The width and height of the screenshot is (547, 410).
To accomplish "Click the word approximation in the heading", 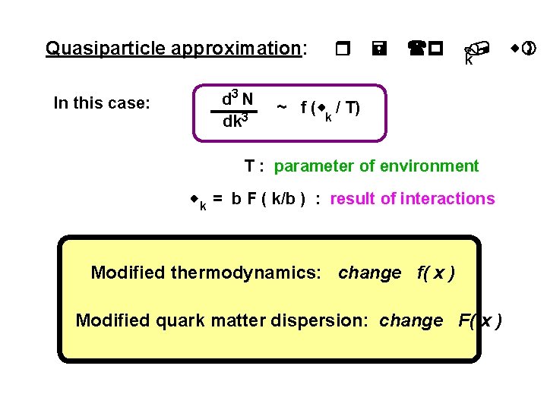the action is (x=236, y=49).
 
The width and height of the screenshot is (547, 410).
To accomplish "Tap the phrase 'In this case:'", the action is (x=102, y=103).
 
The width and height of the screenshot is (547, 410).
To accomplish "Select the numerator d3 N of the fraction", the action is (x=238, y=99).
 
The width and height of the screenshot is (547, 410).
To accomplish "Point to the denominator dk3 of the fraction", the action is (x=236, y=121).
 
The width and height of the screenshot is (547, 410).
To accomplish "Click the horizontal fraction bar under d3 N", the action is (x=237, y=111).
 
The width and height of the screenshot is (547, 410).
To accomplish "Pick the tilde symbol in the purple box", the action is (x=281, y=107).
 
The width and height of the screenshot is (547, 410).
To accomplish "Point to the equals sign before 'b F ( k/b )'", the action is (x=218, y=199).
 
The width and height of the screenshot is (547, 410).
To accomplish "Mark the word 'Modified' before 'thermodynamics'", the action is (x=128, y=273).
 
